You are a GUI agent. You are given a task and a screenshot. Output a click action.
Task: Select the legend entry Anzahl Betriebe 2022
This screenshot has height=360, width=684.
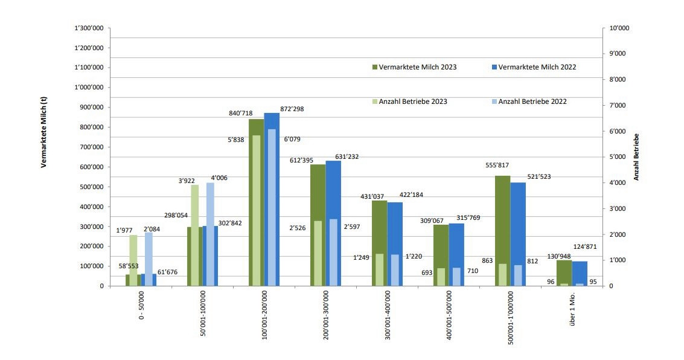pos(532,101)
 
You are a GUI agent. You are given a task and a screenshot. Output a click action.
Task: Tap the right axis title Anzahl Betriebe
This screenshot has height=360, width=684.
pos(636,157)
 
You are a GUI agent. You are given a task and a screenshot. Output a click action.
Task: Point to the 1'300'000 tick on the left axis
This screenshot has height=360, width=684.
pos(89,28)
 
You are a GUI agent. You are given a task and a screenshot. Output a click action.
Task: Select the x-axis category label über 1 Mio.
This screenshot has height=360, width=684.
pos(572,313)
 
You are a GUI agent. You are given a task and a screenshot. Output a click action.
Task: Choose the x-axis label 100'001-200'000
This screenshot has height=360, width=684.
pos(264,321)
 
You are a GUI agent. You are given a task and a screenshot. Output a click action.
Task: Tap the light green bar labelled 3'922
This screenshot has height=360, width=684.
pos(194,236)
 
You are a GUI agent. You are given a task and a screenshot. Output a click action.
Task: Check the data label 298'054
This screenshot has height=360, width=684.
pos(176,215)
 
